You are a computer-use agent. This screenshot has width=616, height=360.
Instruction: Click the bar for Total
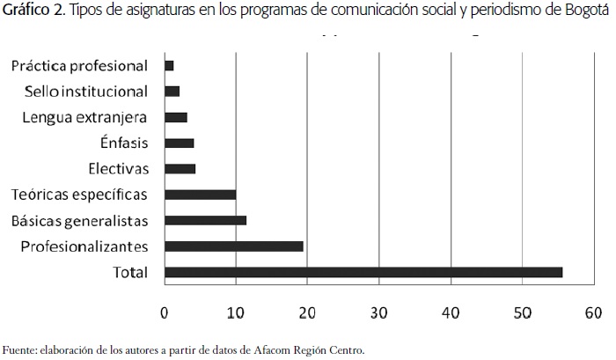pyautogui.click(x=363, y=272)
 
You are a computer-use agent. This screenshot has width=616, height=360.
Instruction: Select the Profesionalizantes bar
pyautogui.click(x=233, y=246)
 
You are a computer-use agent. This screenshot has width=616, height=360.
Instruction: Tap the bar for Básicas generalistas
pyautogui.click(x=205, y=220)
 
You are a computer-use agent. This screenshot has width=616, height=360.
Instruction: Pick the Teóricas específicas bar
pyautogui.click(x=200, y=194)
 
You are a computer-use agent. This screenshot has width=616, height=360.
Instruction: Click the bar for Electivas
pyautogui.click(x=180, y=168)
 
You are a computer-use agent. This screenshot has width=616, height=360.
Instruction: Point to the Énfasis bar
pyautogui.click(x=179, y=143)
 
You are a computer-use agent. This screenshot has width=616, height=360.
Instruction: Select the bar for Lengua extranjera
pyautogui.click(x=175, y=117)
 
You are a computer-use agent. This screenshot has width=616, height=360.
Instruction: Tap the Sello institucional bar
pyautogui.click(x=172, y=91)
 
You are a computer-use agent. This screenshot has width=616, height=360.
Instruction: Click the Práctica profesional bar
pyautogui.click(x=169, y=65)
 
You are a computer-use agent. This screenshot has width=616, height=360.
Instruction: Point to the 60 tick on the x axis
pyautogui.click(x=593, y=312)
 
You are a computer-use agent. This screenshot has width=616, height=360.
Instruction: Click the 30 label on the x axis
pyautogui.click(x=378, y=312)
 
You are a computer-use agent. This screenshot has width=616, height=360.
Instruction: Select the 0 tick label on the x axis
pyautogui.click(x=165, y=312)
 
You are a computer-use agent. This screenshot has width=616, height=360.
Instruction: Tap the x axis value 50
pyautogui.click(x=522, y=312)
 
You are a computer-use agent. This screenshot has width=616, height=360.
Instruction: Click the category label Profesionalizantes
pyautogui.click(x=84, y=246)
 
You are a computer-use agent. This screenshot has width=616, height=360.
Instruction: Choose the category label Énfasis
pyautogui.click(x=125, y=143)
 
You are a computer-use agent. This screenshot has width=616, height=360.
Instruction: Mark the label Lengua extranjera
pyautogui.click(x=85, y=117)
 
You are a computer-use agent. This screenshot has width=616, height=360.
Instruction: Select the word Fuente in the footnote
pyautogui.click(x=19, y=349)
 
